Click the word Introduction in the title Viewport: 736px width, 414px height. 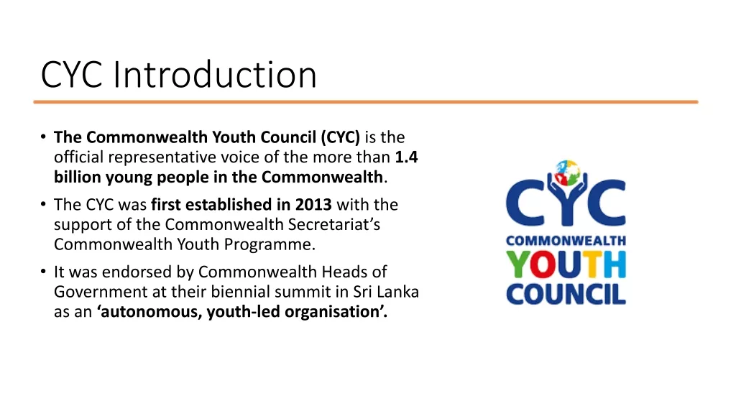point(214,74)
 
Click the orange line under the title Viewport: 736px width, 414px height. point(366,102)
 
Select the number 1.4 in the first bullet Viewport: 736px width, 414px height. point(406,157)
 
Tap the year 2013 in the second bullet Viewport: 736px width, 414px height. point(313,205)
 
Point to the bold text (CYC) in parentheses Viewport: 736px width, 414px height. point(340,137)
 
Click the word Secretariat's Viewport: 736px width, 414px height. point(333,224)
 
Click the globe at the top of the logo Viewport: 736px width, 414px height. point(567,172)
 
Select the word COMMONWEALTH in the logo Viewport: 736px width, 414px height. point(566,241)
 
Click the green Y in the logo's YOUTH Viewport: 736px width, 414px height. point(518,264)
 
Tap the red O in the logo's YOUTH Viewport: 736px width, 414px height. point(543,264)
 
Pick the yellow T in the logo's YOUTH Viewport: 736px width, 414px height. point(592,264)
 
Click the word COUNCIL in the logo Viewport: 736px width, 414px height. point(566,294)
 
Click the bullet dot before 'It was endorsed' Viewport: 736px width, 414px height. point(43,272)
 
